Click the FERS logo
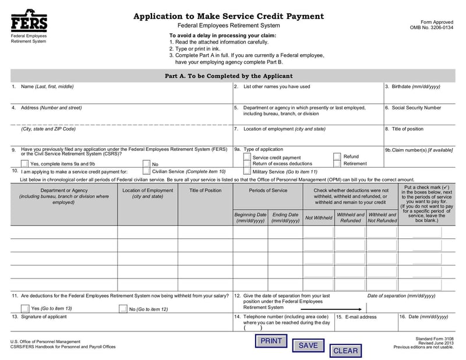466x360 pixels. coord(29,21)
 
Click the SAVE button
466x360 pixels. coord(308,345)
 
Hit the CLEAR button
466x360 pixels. coord(345,351)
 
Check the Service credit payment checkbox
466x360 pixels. coord(247,157)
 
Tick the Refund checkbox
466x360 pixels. coord(337,157)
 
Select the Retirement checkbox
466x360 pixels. coord(337,164)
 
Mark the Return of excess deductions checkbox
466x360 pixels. coord(247,164)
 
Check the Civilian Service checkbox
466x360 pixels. coord(146,172)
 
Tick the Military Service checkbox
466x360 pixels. coord(247,172)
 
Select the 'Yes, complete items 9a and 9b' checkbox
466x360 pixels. coord(24,164)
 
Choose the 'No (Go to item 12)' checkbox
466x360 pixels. coord(123,309)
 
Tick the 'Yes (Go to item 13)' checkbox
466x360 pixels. coord(24,309)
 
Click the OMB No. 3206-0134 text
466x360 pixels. coord(432,28)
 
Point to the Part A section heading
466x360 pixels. coord(228,76)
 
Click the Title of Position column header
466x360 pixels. coord(205,190)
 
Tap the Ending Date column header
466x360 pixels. coord(285,218)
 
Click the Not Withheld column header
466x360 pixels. coord(319,218)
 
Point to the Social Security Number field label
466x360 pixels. coord(413,108)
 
